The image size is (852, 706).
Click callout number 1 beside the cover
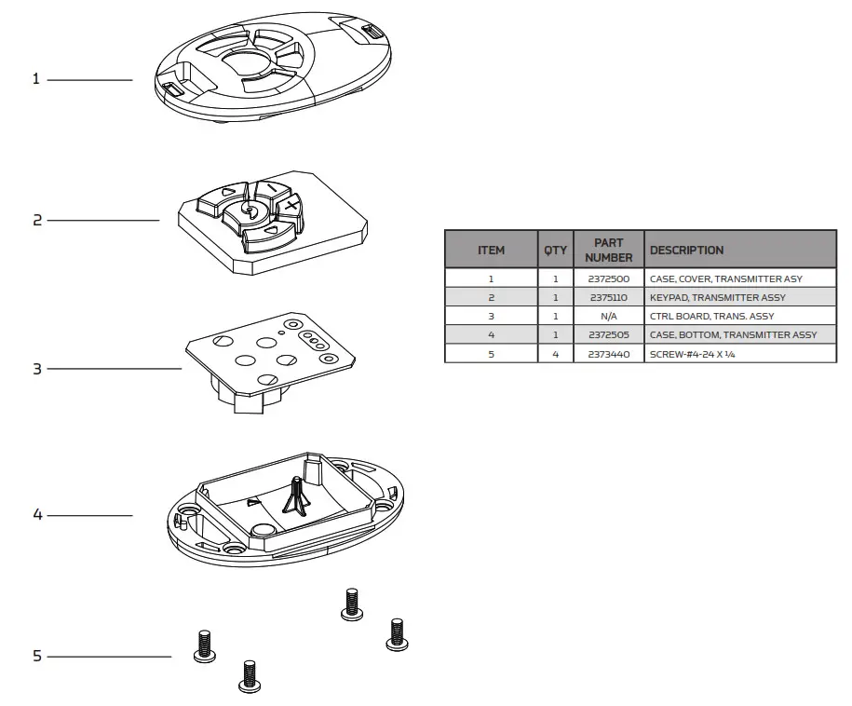pyautogui.click(x=36, y=79)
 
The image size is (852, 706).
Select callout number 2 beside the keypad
pyautogui.click(x=37, y=221)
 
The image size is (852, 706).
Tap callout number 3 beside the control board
pyautogui.click(x=37, y=369)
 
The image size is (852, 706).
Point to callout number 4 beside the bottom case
pyautogui.click(x=37, y=515)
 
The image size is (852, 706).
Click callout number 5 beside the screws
pyautogui.click(x=37, y=657)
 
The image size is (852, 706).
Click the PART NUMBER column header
pyautogui.click(x=608, y=250)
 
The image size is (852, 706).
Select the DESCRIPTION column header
pyautogui.click(x=686, y=251)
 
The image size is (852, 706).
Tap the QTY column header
pyautogui.click(x=555, y=251)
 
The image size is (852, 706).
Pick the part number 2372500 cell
pyautogui.click(x=608, y=278)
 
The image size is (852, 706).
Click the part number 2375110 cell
pyautogui.click(x=608, y=298)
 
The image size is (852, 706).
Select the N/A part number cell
pyautogui.click(x=608, y=317)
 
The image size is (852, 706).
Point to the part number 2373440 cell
pyautogui.click(x=608, y=355)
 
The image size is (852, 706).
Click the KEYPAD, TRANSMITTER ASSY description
pyautogui.click(x=717, y=298)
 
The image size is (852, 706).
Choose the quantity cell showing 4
pyautogui.click(x=555, y=355)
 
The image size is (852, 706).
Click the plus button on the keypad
pyautogui.click(x=291, y=204)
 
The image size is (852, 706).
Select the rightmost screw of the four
pyautogui.click(x=397, y=634)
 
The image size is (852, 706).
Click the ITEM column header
pyautogui.click(x=491, y=251)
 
